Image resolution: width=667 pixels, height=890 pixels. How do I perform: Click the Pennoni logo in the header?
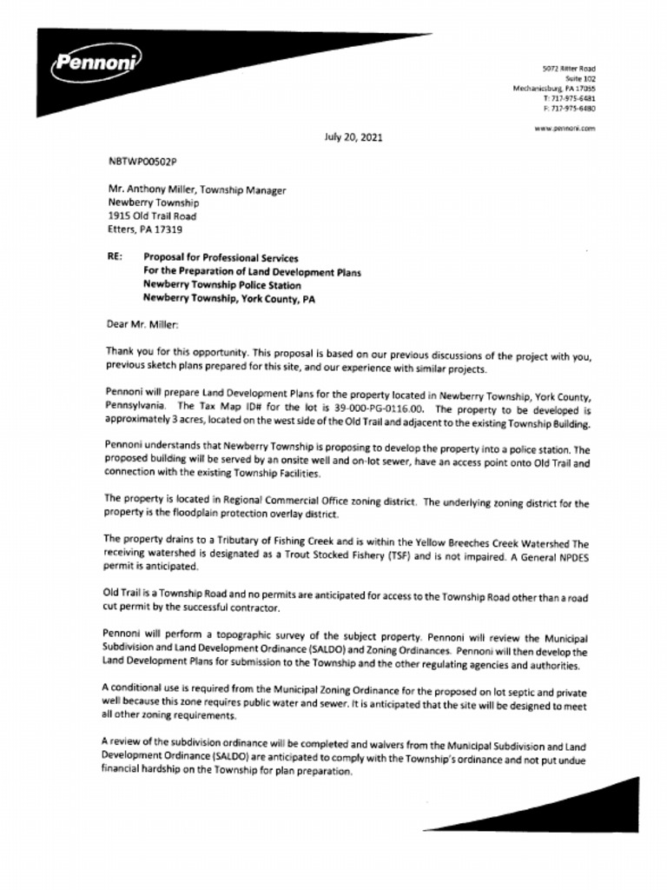[96, 63]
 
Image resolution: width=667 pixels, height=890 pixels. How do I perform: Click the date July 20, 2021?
[353, 137]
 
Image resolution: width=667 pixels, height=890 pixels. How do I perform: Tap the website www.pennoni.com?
[565, 128]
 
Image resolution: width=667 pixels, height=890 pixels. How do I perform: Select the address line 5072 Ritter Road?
[569, 68]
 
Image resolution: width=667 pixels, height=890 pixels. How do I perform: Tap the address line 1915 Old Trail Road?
[152, 216]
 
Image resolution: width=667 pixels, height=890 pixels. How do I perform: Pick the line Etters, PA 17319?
[145, 229]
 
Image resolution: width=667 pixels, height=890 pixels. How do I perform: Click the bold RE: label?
[115, 258]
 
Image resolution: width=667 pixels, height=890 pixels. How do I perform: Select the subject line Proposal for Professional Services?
[221, 258]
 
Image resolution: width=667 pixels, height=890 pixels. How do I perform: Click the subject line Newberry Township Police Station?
[222, 285]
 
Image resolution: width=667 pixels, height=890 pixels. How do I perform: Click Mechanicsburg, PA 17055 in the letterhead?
[554, 88]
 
